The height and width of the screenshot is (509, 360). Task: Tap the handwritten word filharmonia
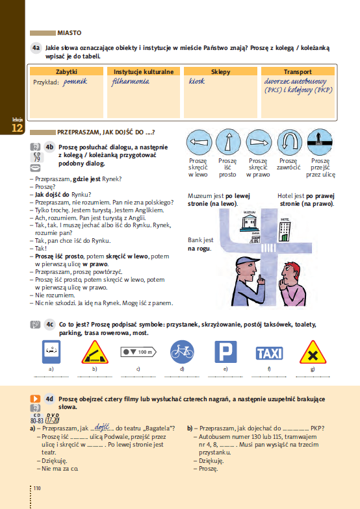coord(131,82)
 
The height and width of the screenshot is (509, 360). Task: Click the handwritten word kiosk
coord(197,82)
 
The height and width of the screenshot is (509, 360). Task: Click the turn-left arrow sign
coord(199,141)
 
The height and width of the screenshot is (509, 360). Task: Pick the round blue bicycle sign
coord(182,353)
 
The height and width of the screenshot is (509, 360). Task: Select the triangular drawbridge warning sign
coord(95,353)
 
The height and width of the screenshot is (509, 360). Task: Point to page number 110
coord(37,488)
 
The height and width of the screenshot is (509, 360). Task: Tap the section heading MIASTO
coord(69,32)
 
